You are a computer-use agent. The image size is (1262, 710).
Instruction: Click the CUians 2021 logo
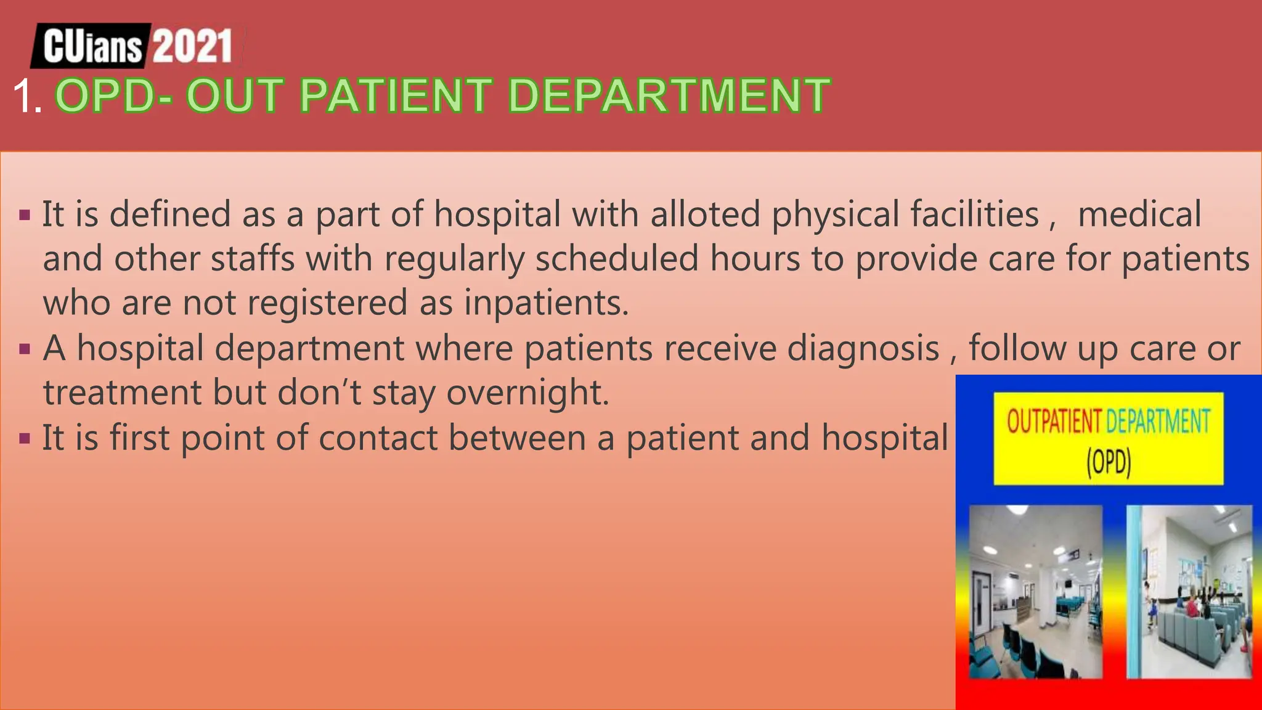click(137, 46)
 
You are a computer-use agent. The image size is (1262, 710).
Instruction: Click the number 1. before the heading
click(27, 97)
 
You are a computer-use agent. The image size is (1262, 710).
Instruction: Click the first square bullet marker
click(25, 216)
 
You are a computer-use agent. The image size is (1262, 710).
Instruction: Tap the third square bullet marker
click(25, 439)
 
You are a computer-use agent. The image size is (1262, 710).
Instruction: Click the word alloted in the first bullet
click(705, 214)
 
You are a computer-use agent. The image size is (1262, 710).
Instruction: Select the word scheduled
click(616, 259)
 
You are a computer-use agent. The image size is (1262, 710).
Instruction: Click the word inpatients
click(546, 303)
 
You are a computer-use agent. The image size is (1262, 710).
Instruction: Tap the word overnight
click(527, 393)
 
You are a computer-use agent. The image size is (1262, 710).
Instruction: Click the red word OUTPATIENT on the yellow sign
click(1054, 422)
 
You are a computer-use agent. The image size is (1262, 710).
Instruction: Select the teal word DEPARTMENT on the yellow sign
click(1158, 422)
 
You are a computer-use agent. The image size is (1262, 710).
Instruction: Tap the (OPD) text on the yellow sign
click(1109, 462)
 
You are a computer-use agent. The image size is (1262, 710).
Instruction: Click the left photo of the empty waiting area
click(1035, 592)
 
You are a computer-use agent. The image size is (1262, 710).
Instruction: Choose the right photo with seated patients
click(1189, 592)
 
